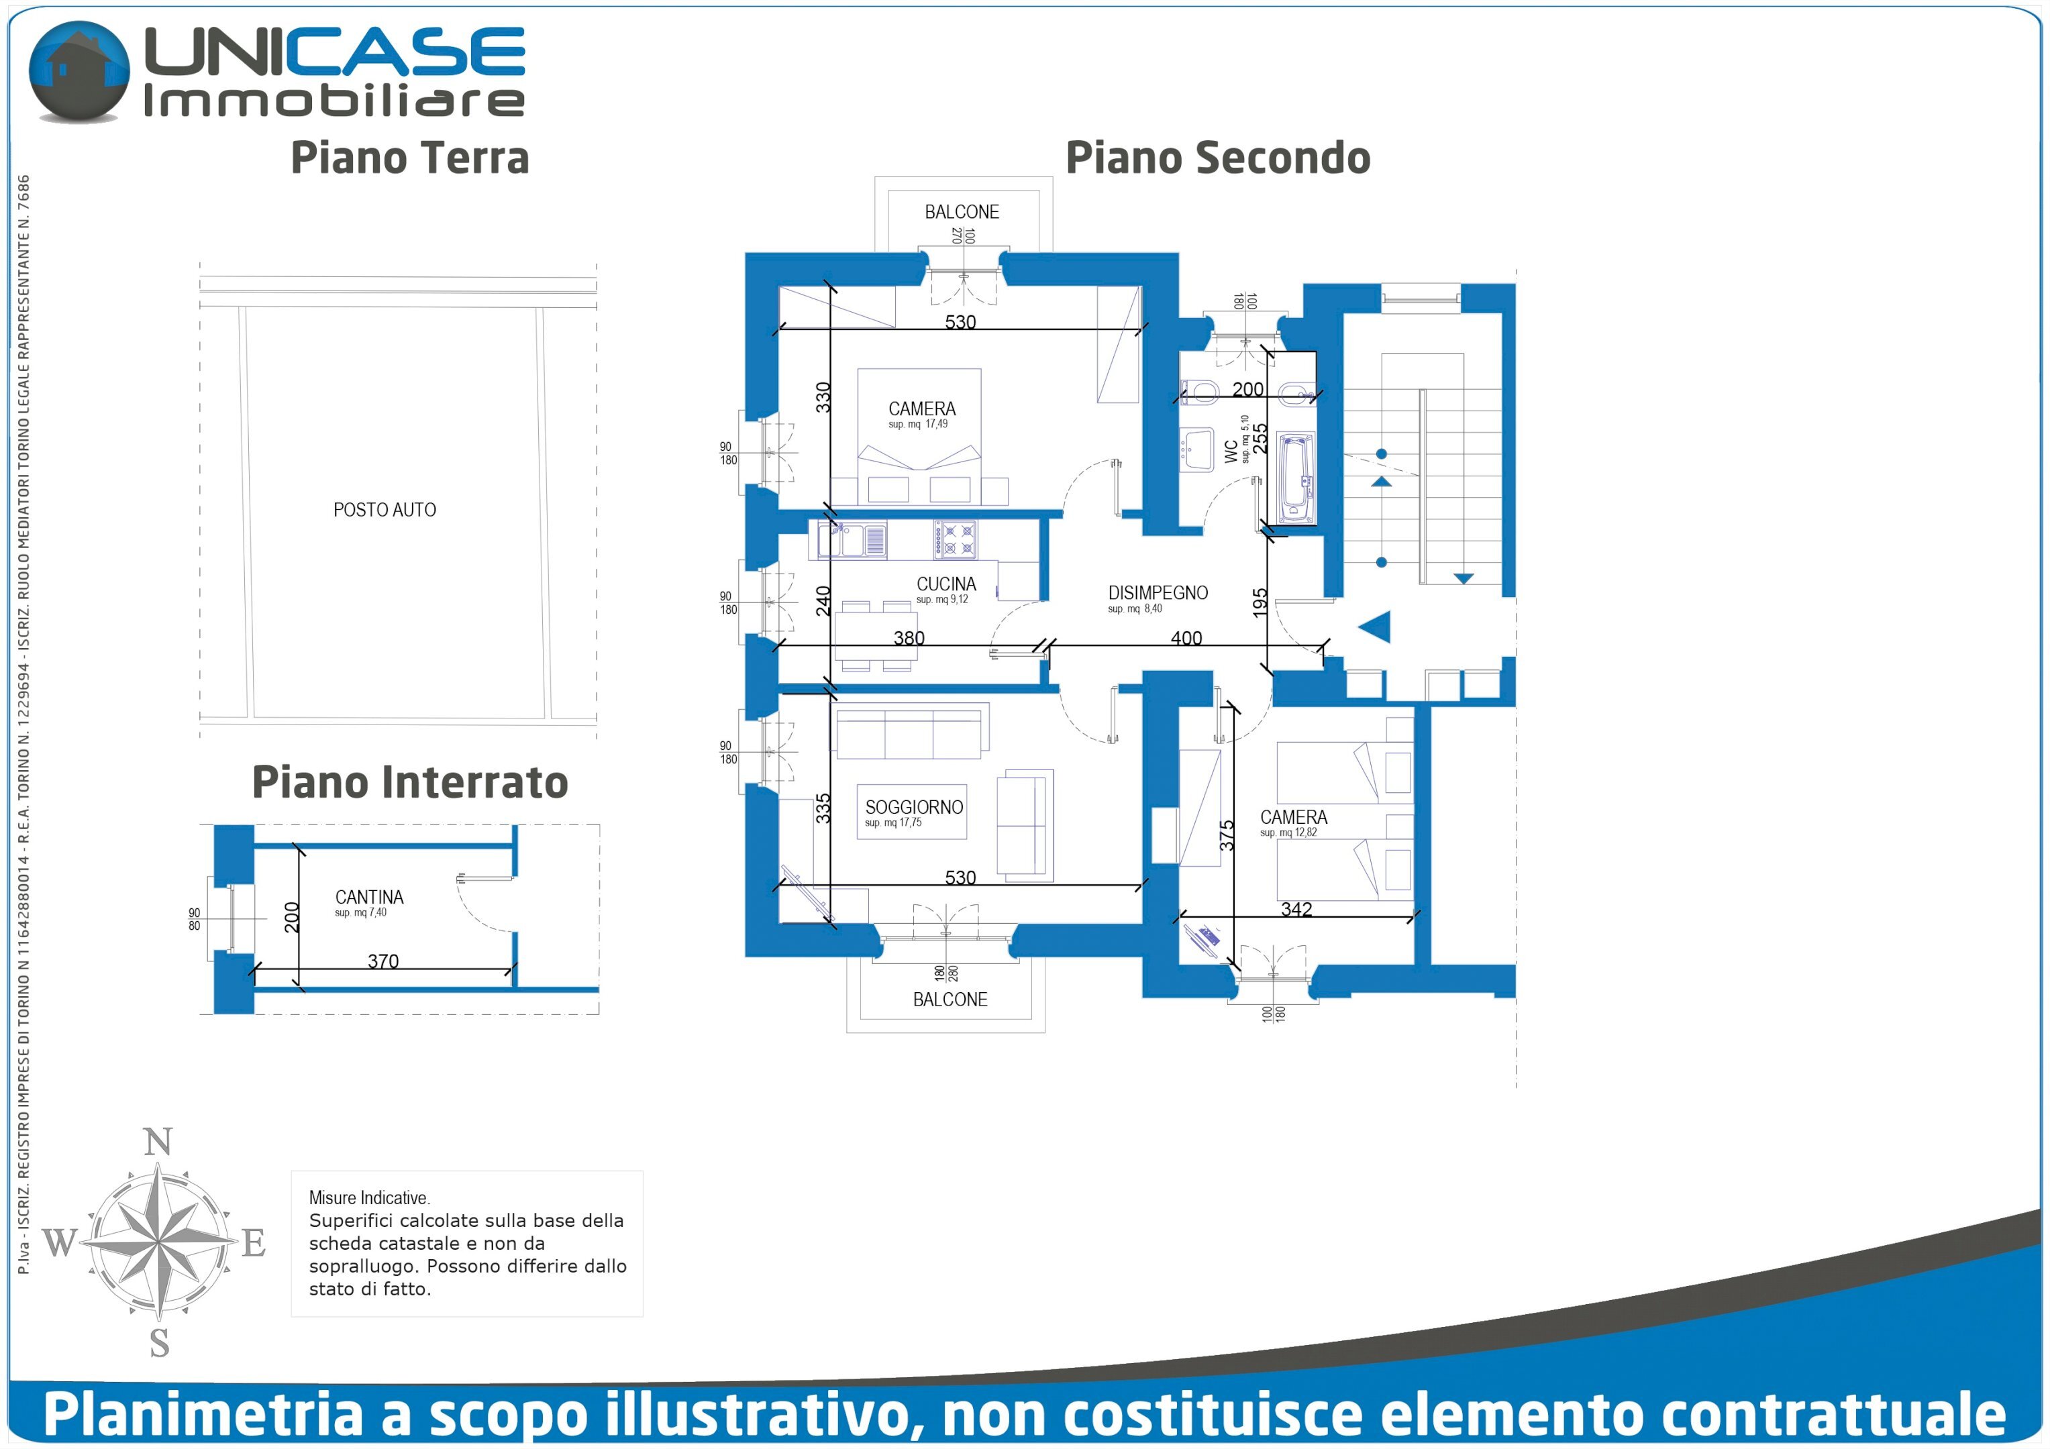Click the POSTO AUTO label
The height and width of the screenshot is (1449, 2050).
(384, 510)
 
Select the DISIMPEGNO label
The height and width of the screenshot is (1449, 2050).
(1157, 593)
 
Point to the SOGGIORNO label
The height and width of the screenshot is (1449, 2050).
(913, 807)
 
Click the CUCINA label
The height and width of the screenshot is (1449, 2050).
(945, 584)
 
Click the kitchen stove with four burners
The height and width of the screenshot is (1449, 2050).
(956, 539)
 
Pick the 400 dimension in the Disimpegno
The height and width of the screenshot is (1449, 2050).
(1186, 637)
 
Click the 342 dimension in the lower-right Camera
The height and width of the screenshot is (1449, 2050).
(1296, 909)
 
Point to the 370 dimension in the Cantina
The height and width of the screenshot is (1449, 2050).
(383, 961)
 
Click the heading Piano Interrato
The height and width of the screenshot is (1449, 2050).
(410, 782)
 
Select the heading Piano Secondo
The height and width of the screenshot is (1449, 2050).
(1218, 158)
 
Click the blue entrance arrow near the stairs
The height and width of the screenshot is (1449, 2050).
(1375, 627)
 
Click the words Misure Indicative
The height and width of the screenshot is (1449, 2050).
(369, 1197)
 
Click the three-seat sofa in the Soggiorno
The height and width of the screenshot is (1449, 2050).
(911, 733)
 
